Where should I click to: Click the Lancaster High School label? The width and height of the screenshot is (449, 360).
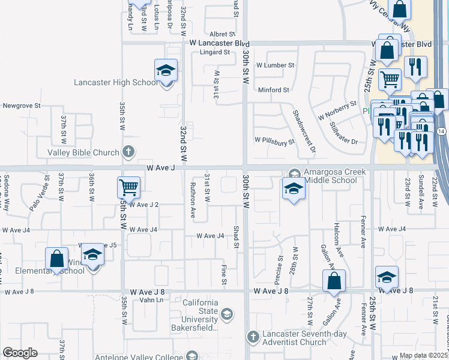116,83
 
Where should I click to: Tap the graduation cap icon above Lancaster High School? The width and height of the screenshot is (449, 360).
166,71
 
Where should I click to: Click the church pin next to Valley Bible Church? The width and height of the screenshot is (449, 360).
127,152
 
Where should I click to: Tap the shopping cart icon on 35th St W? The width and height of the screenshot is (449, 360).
129,188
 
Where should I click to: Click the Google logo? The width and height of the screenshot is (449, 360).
20,353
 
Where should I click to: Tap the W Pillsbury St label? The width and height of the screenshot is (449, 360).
274,142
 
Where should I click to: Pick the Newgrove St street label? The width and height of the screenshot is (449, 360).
21,105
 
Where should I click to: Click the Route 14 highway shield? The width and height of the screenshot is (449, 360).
442,131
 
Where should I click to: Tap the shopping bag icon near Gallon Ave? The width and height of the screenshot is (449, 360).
334,280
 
